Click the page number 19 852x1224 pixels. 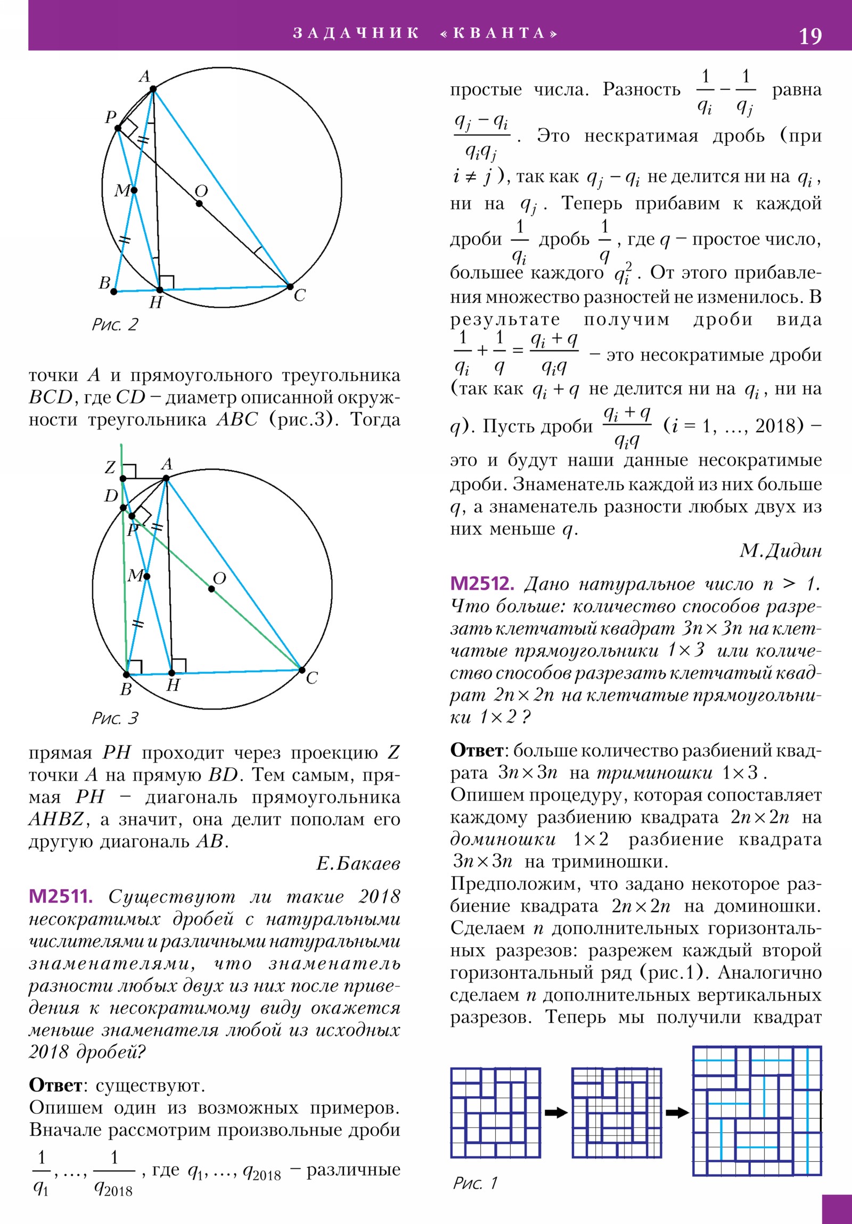(810, 36)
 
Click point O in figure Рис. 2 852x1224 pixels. (199, 204)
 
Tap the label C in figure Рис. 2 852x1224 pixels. (299, 295)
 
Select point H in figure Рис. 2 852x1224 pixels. (160, 290)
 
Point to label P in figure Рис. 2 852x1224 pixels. (110, 117)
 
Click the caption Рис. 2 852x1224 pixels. (114, 324)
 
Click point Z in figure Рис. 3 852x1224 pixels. (122, 479)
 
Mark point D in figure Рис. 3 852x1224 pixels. (123, 508)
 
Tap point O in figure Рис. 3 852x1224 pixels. (212, 589)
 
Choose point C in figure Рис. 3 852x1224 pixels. (301, 670)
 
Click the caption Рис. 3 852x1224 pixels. (114, 718)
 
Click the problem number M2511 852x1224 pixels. (60, 896)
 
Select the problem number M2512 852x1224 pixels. (482, 584)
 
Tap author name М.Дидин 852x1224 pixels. (780, 551)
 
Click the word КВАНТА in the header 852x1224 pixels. (499, 33)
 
